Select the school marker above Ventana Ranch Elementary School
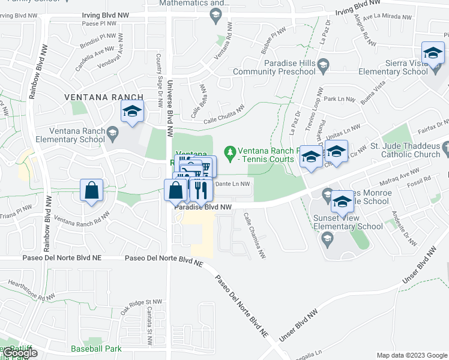(132, 112)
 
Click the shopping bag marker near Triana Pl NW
(91, 191)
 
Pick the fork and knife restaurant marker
(200, 191)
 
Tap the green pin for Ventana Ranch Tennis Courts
(229, 151)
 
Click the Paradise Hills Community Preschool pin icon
(323, 64)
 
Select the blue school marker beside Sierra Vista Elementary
(433, 53)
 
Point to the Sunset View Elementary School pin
(327, 239)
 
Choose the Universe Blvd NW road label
(170, 108)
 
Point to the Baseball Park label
(96, 349)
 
